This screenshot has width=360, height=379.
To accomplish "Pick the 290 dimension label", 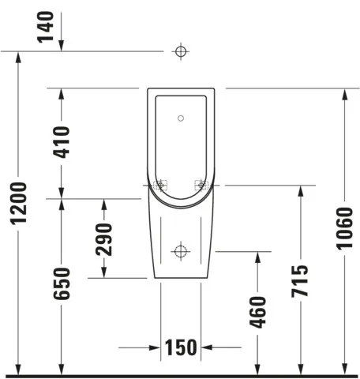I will (105, 238).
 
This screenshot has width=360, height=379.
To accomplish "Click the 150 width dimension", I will (181, 347).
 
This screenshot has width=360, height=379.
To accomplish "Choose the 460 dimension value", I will (257, 312).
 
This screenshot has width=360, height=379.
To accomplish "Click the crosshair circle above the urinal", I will (181, 51).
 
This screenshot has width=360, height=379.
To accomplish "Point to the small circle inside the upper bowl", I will (181, 118).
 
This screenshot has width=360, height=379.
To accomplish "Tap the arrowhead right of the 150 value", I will (207, 347).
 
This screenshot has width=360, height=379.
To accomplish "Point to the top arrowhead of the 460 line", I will (257, 257).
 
